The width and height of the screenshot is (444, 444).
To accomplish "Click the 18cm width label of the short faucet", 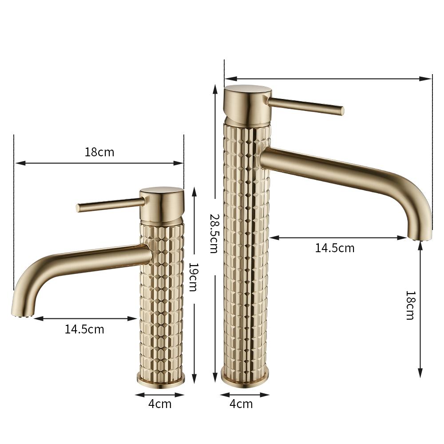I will coord(99,152).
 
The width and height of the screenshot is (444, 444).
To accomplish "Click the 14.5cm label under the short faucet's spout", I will coord(84,329).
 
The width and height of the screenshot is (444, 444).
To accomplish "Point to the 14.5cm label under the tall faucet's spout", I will coord(335,248).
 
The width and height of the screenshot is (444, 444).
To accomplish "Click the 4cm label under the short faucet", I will coord(160,404).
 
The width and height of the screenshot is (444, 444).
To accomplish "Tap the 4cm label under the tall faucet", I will coord(241,404).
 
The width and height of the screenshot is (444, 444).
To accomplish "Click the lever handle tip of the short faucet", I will coord(78,208).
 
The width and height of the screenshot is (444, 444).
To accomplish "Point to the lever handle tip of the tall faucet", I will coord(341,111).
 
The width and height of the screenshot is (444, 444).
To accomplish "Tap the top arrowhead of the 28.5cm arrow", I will coord(215,87).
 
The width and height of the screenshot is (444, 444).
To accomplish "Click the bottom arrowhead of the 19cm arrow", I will coord(194,381).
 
